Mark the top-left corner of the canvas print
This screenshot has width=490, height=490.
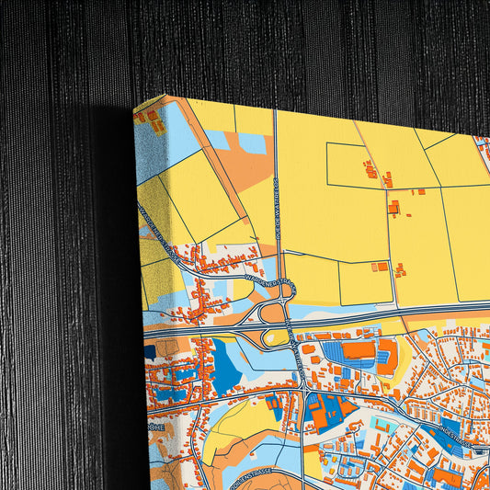pyautogui.click(x=134, y=111)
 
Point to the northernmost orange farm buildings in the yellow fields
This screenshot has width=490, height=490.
pyautogui.click(x=371, y=169)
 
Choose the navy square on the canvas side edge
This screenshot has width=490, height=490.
pyautogui.click(x=150, y=351)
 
